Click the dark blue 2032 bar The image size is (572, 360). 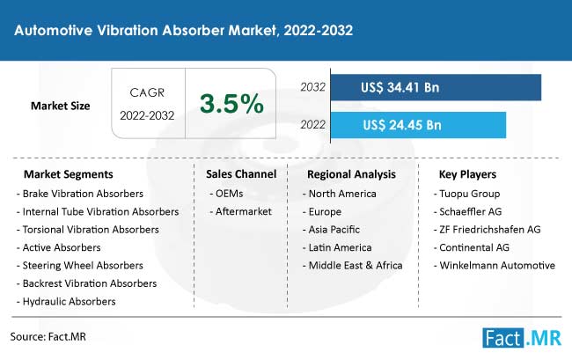(436, 87)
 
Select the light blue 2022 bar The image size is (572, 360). (418, 125)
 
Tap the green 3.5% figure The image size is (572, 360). (231, 104)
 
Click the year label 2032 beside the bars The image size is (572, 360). (312, 87)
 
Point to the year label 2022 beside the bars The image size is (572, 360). (312, 125)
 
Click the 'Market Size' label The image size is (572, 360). (60, 106)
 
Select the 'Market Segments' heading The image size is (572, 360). (69, 174)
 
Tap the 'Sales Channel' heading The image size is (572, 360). (241, 174)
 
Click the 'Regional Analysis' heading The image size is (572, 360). (351, 174)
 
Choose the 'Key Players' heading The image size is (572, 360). (467, 174)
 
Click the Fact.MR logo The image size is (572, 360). (522, 338)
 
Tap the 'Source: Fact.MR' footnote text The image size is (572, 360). (48, 336)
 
